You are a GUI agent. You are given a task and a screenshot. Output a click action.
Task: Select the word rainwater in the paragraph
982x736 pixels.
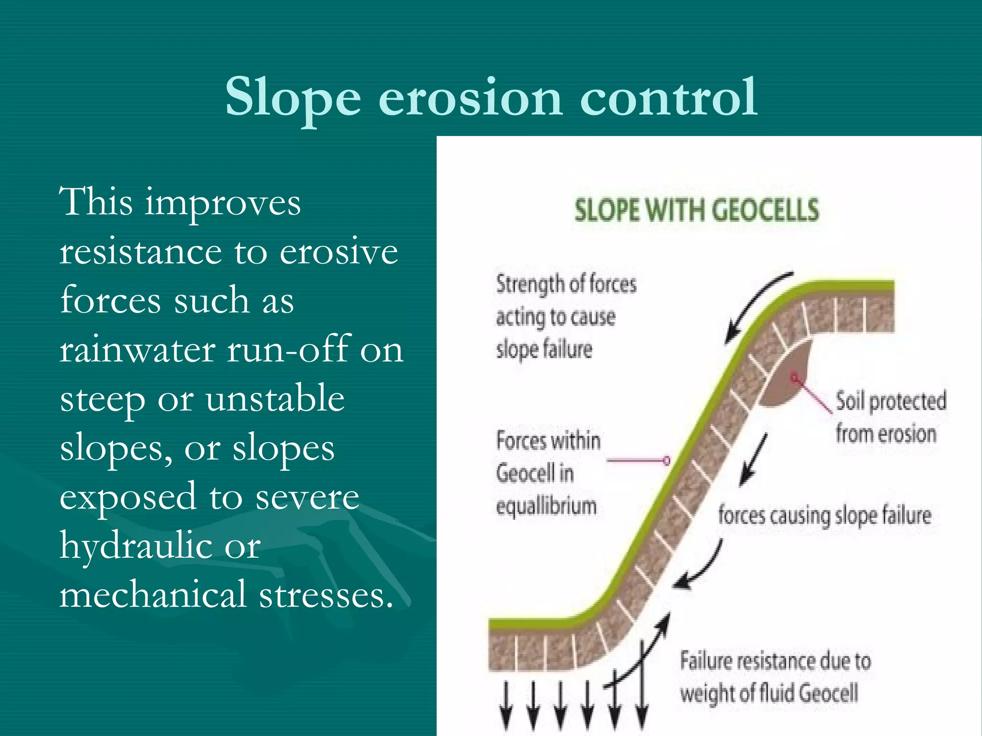pos(138,350)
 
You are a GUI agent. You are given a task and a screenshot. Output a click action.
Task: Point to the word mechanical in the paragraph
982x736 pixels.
pos(153,594)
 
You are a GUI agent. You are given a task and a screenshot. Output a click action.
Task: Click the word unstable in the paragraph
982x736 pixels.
pos(275,399)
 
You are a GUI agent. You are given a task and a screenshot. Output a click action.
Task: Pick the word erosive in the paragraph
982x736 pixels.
pos(339,252)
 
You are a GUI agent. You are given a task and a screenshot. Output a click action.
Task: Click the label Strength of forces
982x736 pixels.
pos(566,284)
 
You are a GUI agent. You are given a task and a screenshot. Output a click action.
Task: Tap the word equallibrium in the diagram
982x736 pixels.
pos(546,506)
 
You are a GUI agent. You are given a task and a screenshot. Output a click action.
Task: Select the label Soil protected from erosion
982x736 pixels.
pos(890,417)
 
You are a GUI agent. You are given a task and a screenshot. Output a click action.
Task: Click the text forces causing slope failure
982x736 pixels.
pos(824,516)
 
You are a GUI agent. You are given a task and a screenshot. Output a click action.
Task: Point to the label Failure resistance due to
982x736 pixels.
pos(775,661)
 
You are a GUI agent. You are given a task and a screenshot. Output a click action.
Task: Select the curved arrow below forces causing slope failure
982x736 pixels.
pos(701,568)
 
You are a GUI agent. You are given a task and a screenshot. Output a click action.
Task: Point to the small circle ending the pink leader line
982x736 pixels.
pos(666,460)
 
